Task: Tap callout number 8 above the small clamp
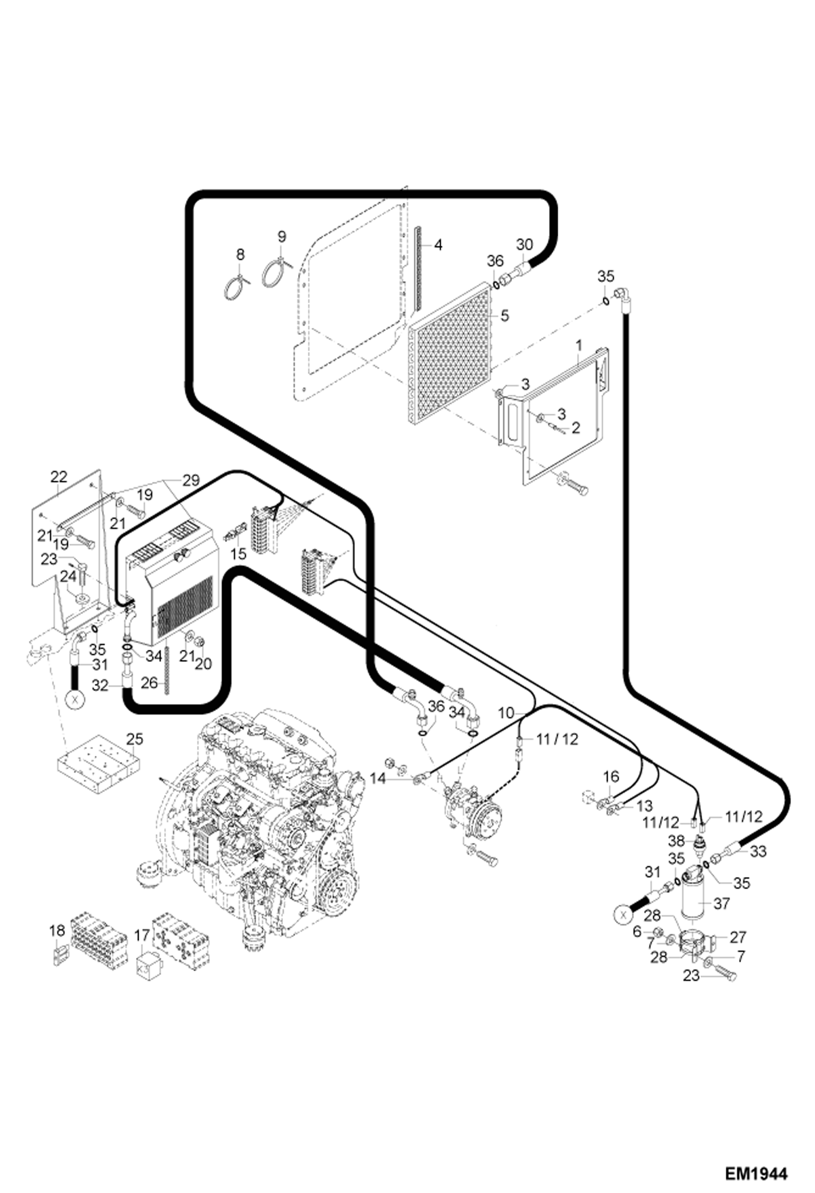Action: [240, 254]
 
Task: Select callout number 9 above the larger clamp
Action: [281, 237]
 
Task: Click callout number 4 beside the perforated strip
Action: [438, 245]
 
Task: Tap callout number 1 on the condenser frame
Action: [579, 345]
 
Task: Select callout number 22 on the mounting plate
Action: [58, 477]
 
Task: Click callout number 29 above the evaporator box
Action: [190, 480]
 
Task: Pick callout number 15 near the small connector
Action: [238, 554]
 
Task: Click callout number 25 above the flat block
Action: [134, 739]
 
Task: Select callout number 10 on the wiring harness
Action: [506, 712]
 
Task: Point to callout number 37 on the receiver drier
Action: [721, 904]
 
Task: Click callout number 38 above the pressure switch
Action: [676, 841]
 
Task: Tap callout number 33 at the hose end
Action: [758, 851]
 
